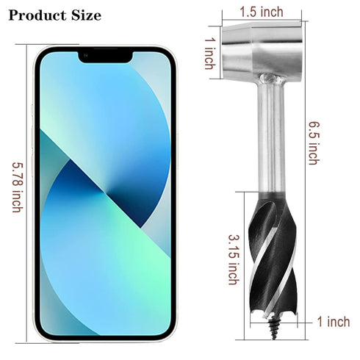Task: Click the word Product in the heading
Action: tap(37, 15)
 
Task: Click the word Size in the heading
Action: tap(86, 15)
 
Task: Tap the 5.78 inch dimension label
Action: tap(18, 187)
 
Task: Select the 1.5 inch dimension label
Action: tap(262, 12)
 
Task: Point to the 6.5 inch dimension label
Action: tap(314, 143)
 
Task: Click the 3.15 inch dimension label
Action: tap(234, 260)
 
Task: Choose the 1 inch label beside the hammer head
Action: tap(210, 54)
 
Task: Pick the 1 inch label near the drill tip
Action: tap(334, 322)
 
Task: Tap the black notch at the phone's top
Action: tap(106, 57)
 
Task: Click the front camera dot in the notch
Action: tap(85, 55)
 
